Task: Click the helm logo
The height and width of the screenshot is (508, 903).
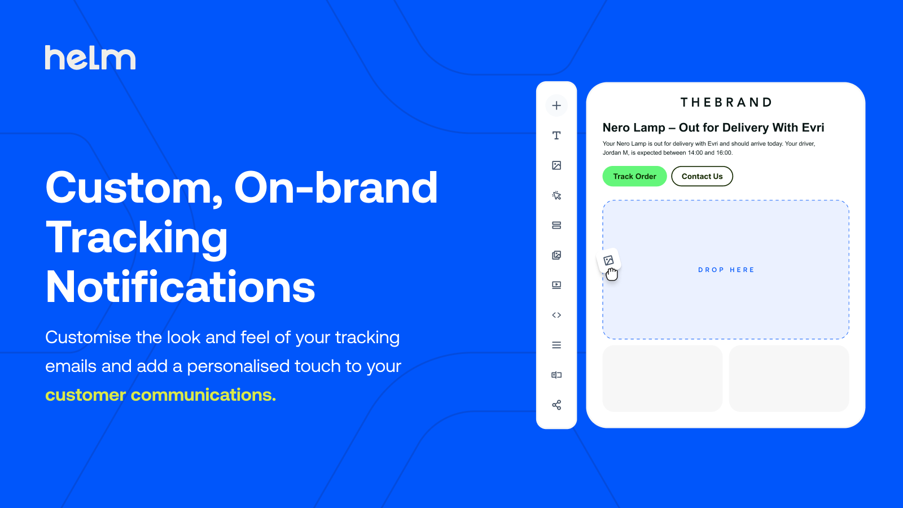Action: [90, 57]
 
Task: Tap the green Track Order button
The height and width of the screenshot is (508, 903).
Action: [634, 176]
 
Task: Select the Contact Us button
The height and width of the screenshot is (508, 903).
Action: [702, 176]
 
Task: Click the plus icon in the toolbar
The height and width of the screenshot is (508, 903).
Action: [556, 106]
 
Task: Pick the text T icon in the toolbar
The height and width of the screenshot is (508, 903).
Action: [556, 135]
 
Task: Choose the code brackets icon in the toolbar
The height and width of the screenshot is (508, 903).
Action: [556, 315]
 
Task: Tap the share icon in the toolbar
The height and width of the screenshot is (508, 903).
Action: [556, 405]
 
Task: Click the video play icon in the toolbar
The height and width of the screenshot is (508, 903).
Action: [556, 285]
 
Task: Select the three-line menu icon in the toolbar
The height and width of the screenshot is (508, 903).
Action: [556, 345]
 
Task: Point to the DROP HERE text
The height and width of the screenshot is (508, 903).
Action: [726, 270]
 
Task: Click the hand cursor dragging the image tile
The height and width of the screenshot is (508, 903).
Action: [612, 274]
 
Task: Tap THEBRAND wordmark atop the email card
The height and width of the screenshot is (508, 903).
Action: [726, 102]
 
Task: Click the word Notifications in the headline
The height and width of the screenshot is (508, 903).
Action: [180, 287]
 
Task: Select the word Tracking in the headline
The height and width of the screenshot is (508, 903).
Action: [137, 238]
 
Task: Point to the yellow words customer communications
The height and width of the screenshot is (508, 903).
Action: [160, 395]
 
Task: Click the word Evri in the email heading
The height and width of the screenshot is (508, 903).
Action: [813, 128]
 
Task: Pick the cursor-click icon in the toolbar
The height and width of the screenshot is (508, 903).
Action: [556, 195]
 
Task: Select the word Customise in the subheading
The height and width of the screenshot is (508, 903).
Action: [88, 337]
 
